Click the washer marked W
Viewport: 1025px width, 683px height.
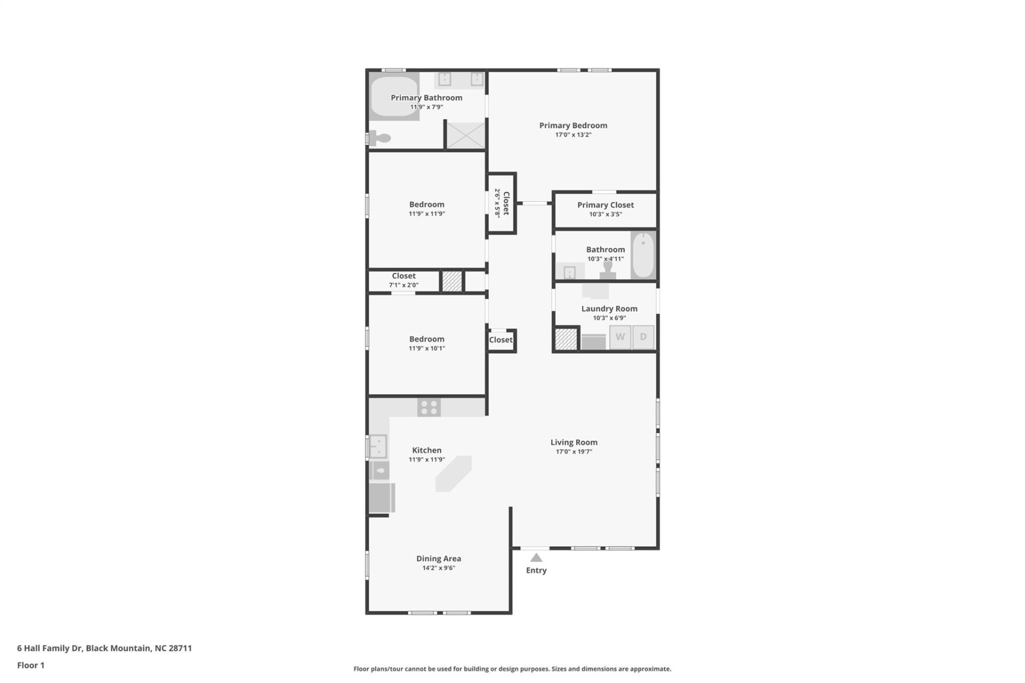pyautogui.click(x=620, y=337)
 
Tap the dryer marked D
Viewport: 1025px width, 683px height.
pyautogui.click(x=643, y=337)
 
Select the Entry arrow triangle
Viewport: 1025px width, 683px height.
pyautogui.click(x=536, y=558)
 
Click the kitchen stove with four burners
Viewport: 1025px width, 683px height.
pyautogui.click(x=429, y=408)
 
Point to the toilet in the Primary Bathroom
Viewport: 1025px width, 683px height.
pyautogui.click(x=381, y=139)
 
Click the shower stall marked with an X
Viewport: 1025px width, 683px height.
pyautogui.click(x=466, y=136)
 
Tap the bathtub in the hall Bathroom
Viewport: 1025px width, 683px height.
pyautogui.click(x=643, y=256)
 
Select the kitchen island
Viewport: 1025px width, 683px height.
pyautogui.click(x=453, y=473)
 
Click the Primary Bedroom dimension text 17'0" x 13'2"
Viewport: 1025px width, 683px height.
pyautogui.click(x=573, y=135)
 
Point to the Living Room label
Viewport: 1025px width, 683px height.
pyautogui.click(x=573, y=442)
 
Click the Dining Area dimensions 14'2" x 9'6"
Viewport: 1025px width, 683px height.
pyautogui.click(x=438, y=568)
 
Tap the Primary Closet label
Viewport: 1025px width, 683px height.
pyautogui.click(x=605, y=205)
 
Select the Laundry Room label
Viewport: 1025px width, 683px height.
pyautogui.click(x=609, y=308)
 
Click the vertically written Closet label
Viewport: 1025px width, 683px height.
pyautogui.click(x=506, y=203)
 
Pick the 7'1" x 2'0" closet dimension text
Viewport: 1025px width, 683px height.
pyautogui.click(x=404, y=285)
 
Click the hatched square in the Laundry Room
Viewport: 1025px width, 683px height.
pyautogui.click(x=566, y=339)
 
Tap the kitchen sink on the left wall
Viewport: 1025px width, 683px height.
pyautogui.click(x=379, y=446)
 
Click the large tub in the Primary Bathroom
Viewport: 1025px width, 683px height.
pyautogui.click(x=394, y=98)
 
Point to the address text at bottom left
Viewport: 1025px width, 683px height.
pyautogui.click(x=104, y=648)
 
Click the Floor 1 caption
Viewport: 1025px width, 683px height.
pyautogui.click(x=30, y=665)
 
